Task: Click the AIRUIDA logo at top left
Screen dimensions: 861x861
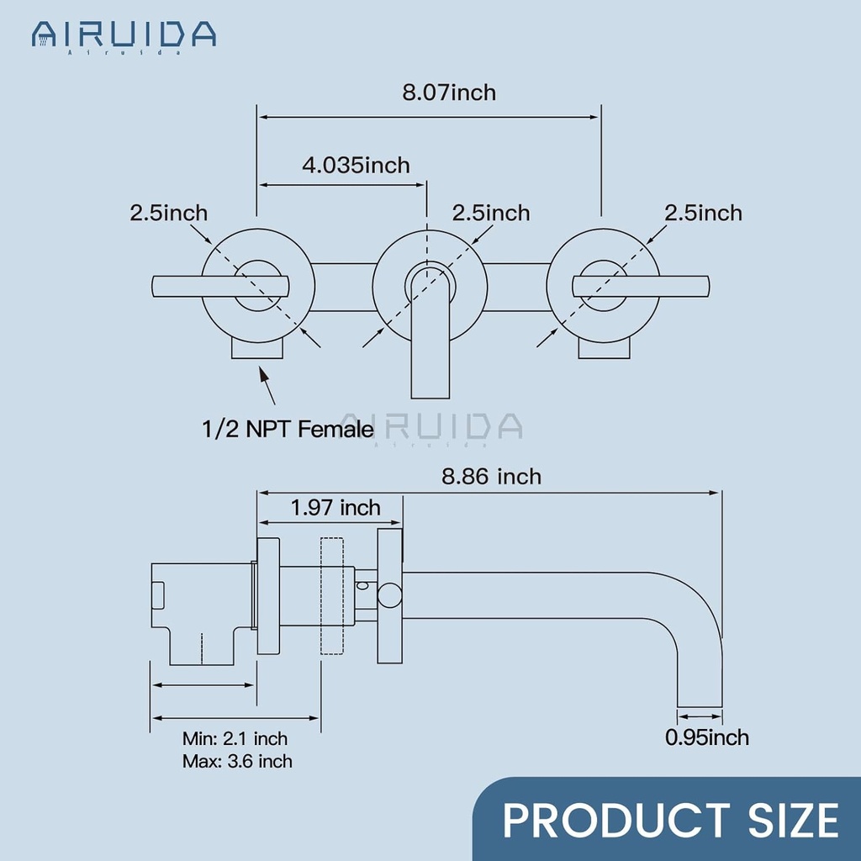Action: [124, 34]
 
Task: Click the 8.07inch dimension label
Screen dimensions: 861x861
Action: [448, 92]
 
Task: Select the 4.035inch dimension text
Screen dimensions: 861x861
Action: [356, 164]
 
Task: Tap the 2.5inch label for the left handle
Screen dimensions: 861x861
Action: [168, 213]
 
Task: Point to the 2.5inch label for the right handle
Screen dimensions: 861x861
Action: [703, 213]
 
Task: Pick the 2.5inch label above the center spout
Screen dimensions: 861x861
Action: [491, 213]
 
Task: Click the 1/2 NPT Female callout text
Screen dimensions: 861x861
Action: [288, 430]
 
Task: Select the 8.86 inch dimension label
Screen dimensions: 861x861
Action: [492, 477]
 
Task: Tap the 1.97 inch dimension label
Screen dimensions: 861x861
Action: [335, 508]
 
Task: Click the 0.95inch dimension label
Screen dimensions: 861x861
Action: [706, 737]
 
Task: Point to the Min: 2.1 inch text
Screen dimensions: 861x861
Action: [235, 739]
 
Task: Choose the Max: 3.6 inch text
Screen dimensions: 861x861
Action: [237, 762]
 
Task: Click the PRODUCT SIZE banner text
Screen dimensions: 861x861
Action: [670, 820]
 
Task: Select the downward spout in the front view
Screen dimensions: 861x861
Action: [430, 353]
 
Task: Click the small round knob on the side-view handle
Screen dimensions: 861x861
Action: [389, 596]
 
